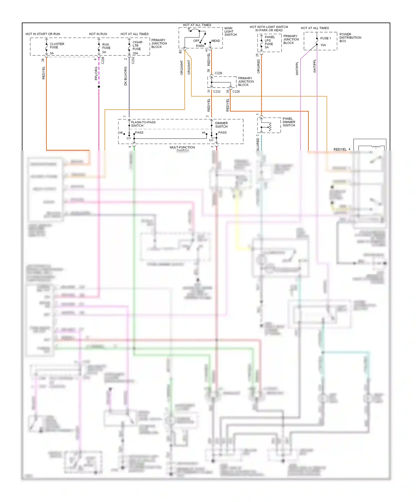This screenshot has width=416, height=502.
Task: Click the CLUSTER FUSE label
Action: pos(57,46)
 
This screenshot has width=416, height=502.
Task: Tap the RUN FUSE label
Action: pos(106,46)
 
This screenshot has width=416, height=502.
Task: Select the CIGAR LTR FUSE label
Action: pos(137,46)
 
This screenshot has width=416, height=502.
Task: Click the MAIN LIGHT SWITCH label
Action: pos(230,32)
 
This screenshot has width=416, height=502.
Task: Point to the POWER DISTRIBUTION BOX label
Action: pos(350,38)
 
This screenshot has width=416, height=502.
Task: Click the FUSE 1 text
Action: pos(325,39)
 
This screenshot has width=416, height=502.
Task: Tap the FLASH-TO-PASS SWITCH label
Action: pos(143,124)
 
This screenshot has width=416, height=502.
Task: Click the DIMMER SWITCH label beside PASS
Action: pos(221,125)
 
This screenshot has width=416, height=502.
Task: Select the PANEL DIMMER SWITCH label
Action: pos(289,122)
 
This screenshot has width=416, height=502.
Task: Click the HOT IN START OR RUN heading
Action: pos(43,34)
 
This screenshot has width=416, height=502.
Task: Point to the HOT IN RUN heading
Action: pos(98,34)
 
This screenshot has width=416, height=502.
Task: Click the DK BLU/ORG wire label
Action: pos(126,76)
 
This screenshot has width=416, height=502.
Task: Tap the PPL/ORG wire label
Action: pos(96,73)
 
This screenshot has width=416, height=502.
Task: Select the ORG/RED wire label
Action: pos(258,66)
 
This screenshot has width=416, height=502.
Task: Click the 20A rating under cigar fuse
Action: pos(135,53)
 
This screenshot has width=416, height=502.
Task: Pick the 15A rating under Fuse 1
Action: pos(323,45)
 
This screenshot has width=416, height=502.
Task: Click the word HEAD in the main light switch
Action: pos(215,41)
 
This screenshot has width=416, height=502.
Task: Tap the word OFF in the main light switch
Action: pos(196,41)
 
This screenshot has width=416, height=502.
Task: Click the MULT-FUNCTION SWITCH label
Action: pos(182,148)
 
